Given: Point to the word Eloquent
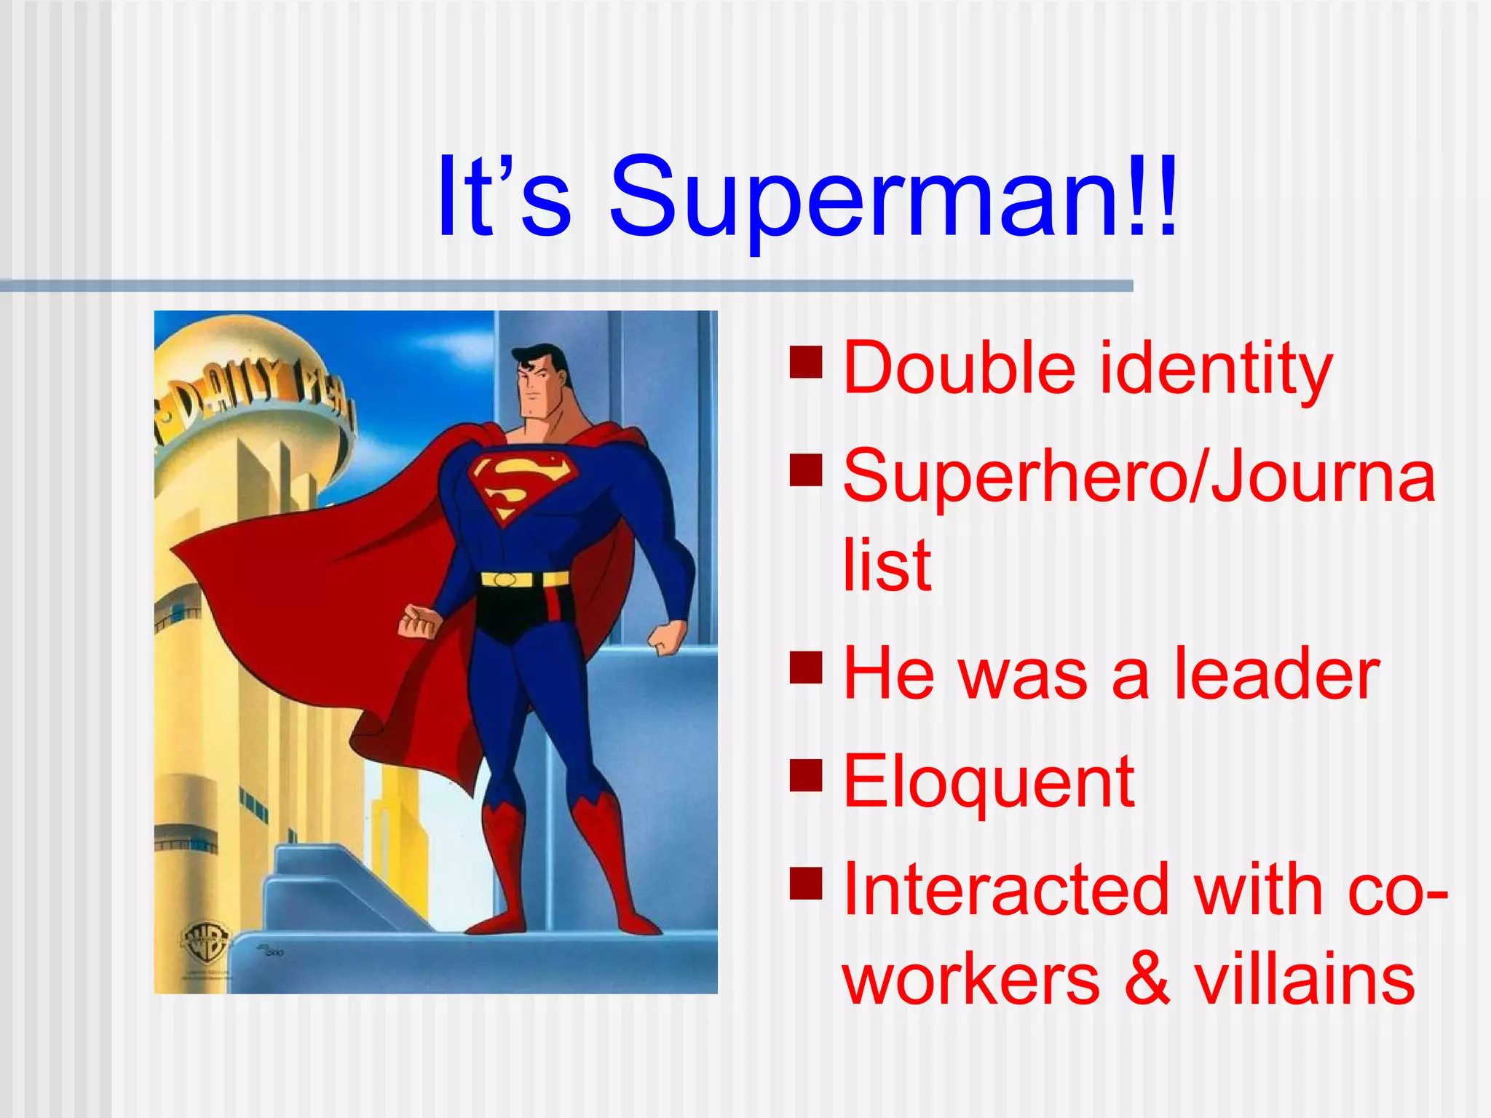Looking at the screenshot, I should pyautogui.click(x=989, y=782).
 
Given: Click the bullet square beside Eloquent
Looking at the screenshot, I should pyautogui.click(x=806, y=775).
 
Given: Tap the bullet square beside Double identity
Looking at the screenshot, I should pyautogui.click(x=806, y=362).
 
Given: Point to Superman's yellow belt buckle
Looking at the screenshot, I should pyautogui.click(x=505, y=579).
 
